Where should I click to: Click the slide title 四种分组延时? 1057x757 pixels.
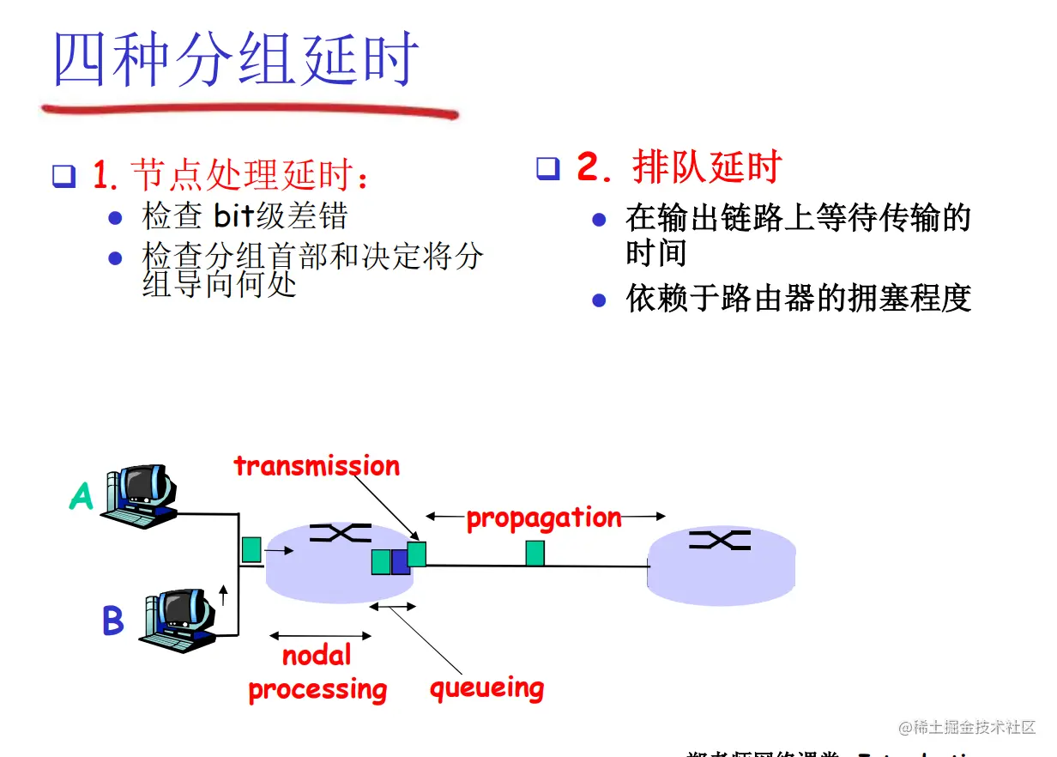[x=237, y=59]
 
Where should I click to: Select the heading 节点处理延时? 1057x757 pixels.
[x=245, y=176]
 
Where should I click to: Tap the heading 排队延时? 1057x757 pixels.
[x=707, y=167]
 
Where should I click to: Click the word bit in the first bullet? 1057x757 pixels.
[x=234, y=215]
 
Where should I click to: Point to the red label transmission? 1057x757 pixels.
[x=317, y=466]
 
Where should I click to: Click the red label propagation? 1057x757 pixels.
[x=544, y=518]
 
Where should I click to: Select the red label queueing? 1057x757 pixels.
[x=486, y=688]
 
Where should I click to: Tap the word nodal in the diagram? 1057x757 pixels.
[x=317, y=657]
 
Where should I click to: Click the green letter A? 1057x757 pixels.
[x=81, y=496]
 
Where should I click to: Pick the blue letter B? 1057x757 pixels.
[x=112, y=621]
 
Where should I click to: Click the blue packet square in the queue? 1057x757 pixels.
[x=400, y=562]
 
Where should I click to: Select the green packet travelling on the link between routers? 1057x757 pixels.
[x=535, y=554]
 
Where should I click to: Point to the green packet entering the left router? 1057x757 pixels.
[x=251, y=549]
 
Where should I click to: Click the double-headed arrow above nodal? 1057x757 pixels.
[x=320, y=636]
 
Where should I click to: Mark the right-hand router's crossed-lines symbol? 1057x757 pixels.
[x=722, y=540]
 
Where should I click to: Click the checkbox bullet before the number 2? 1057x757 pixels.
[x=547, y=168]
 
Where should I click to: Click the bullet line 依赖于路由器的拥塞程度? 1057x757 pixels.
[x=798, y=299]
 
